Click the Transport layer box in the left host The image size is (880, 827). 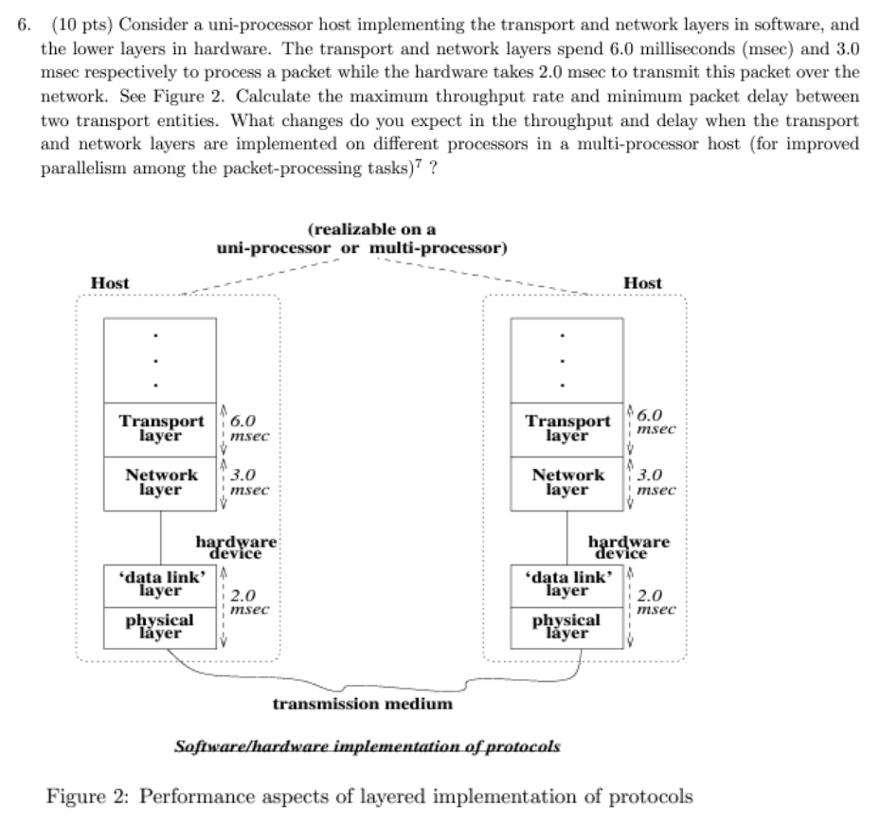click(x=160, y=428)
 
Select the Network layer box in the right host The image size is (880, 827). click(x=567, y=482)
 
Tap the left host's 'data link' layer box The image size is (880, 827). click(x=160, y=584)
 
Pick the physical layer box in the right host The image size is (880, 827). click(x=567, y=625)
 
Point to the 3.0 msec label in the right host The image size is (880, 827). click(x=656, y=482)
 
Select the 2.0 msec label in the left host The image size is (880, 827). click(x=249, y=603)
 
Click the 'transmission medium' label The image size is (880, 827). click(x=363, y=704)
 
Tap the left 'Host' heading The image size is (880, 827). click(x=110, y=283)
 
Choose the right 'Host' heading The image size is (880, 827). click(x=644, y=283)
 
